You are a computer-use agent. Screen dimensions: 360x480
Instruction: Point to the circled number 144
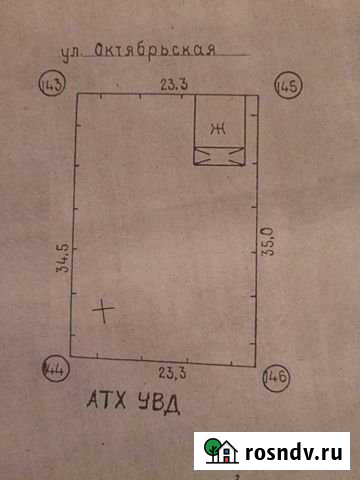54,370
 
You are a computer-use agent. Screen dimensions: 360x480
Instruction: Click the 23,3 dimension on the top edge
173,85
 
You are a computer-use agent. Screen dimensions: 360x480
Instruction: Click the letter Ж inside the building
218,128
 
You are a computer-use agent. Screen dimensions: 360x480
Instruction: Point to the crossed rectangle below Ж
218,154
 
